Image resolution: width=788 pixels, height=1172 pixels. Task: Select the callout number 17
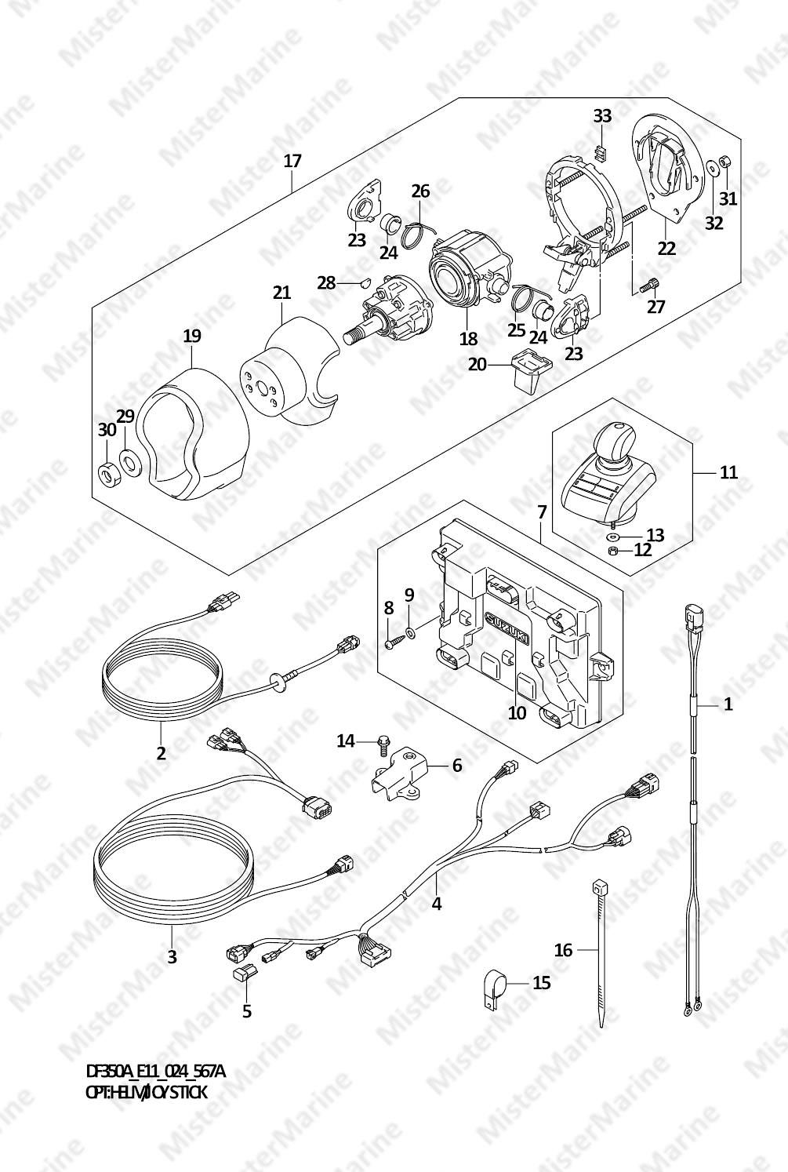[292, 162]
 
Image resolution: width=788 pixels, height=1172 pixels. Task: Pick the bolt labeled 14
[383, 741]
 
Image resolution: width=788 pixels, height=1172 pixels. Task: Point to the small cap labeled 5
[241, 974]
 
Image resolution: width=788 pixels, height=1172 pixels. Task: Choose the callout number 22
[666, 248]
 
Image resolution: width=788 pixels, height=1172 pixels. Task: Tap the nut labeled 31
[724, 163]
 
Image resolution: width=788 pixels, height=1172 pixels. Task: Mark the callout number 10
[517, 713]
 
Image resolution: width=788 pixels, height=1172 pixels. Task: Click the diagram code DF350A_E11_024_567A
[155, 1072]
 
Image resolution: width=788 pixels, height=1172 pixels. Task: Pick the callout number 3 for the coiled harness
[172, 956]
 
